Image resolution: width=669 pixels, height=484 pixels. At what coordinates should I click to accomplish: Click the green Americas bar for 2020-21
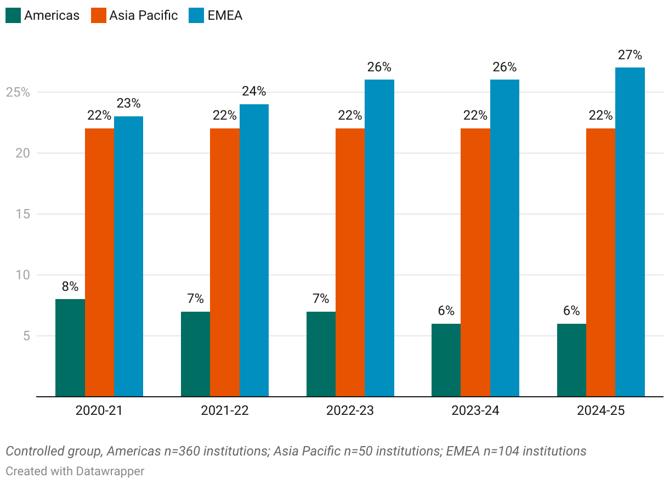[x=70, y=347]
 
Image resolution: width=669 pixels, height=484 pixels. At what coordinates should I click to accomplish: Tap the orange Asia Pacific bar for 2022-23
[x=350, y=262]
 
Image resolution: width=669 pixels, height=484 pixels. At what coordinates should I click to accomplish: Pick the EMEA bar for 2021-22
[x=254, y=250]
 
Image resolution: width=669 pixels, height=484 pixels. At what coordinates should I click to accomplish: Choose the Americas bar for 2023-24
[x=446, y=359]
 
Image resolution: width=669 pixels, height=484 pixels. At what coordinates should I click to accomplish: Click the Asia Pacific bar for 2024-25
[x=600, y=262]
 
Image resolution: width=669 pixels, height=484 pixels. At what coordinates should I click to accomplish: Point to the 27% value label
[x=630, y=55]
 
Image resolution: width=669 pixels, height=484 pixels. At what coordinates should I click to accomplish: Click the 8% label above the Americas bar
[x=70, y=286]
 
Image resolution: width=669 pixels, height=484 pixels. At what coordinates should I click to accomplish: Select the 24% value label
[x=254, y=91]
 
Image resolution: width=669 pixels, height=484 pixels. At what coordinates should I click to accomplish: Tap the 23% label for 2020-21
[x=128, y=103]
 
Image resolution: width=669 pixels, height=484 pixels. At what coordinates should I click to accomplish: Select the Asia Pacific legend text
[x=144, y=15]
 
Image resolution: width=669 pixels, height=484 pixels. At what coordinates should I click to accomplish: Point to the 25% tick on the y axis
[x=18, y=92]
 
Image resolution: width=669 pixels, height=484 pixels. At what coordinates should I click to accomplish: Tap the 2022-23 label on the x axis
[x=350, y=410]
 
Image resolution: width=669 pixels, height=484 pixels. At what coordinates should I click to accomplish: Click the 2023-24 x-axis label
[x=475, y=410]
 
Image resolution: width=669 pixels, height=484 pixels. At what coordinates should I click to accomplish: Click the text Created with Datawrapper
[x=75, y=471]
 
